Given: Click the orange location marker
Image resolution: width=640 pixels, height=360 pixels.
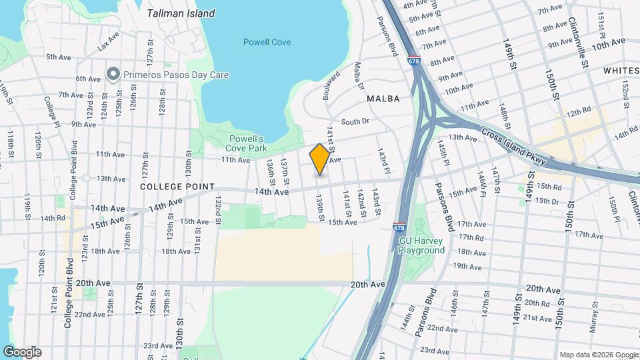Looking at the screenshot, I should (319, 159).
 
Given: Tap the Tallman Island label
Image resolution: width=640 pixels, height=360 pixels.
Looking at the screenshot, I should (181, 13).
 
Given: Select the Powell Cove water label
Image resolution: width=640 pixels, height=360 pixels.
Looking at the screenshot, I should (267, 42).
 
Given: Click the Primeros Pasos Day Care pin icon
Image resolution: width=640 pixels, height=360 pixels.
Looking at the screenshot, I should (113, 75).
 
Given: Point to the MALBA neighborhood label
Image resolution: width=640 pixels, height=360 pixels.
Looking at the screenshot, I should (383, 99).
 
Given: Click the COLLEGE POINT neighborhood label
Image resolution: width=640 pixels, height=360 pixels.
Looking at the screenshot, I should (177, 187).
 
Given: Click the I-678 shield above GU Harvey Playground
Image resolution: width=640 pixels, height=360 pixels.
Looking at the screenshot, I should (399, 228).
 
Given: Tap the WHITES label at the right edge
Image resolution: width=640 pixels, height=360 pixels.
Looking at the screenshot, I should (620, 70).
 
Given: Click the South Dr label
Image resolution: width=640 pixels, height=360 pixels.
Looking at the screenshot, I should (355, 121).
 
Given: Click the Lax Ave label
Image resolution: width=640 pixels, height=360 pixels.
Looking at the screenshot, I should (107, 45).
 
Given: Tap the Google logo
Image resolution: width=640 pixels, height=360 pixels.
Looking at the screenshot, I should (22, 352).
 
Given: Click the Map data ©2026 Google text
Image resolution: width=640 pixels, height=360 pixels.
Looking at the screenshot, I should (597, 355).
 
